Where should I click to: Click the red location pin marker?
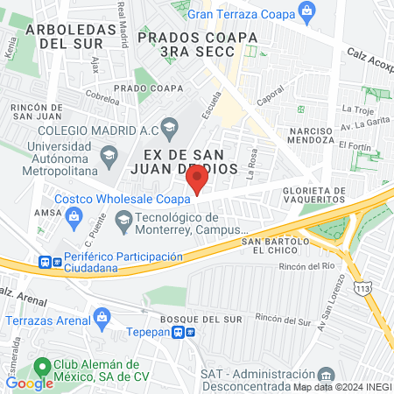[x=197, y=180]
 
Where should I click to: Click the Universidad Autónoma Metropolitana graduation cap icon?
[x=109, y=157]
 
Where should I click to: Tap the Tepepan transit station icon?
[x=179, y=332]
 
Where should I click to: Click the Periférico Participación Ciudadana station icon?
[x=45, y=262]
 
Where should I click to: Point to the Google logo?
[x=29, y=383]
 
